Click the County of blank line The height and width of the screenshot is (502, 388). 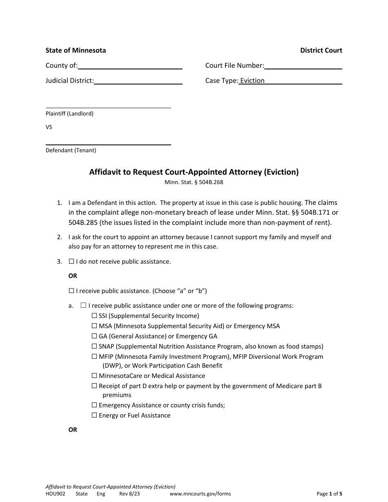click(130, 66)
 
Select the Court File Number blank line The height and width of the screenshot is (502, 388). click(303, 66)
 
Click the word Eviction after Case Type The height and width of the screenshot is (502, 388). click(252, 81)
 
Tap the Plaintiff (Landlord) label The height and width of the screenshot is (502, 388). click(69, 114)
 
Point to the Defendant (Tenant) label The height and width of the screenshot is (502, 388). click(71, 150)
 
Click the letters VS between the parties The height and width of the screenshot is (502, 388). click(49, 127)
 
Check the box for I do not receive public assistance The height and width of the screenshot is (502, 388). click(71, 261)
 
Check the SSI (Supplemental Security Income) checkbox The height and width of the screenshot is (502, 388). click(94, 315)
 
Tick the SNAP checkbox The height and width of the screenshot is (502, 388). click(94, 346)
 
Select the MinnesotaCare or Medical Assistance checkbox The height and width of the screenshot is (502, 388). click(94, 375)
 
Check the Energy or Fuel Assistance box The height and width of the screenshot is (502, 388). click(94, 415)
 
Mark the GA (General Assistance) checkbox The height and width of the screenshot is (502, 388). click(94, 336)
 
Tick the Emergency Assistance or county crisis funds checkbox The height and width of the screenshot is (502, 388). click(94, 405)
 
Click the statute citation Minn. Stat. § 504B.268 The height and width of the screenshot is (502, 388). click(194, 182)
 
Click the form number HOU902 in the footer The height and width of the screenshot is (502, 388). click(55, 494)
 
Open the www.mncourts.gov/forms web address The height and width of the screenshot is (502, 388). click(200, 494)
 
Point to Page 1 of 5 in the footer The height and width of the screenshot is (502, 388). click(329, 494)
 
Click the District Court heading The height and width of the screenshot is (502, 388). click(321, 51)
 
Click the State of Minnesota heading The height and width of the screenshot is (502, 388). click(76, 51)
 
